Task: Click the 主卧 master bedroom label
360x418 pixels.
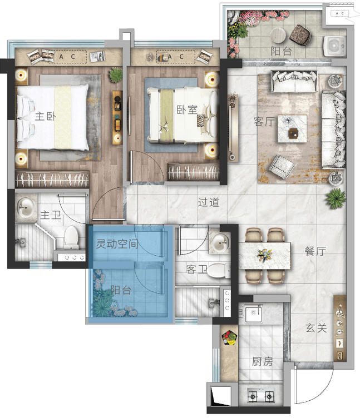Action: [x=46, y=116]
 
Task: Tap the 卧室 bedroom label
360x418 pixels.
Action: [x=187, y=110]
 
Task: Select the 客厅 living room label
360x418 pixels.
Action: [x=264, y=122]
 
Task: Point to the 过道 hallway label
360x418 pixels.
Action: [x=209, y=202]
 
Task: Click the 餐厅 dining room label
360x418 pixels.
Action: [x=315, y=251]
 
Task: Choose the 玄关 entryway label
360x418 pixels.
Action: [x=316, y=328]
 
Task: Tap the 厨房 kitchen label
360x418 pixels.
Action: [x=263, y=361]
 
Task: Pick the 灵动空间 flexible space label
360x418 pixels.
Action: [x=117, y=243]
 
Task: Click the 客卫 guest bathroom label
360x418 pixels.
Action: [x=196, y=269]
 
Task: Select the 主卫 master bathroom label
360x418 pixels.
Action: [x=51, y=215]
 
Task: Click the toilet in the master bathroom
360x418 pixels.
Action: [x=71, y=238]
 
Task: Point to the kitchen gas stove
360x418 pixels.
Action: [x=261, y=396]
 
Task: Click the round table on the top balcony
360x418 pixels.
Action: [x=278, y=35]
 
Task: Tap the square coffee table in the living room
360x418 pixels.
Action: [x=292, y=129]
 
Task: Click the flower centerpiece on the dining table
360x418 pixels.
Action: [x=265, y=255]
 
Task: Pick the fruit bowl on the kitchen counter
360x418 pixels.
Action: [x=229, y=338]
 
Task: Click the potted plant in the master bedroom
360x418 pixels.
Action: [x=116, y=75]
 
